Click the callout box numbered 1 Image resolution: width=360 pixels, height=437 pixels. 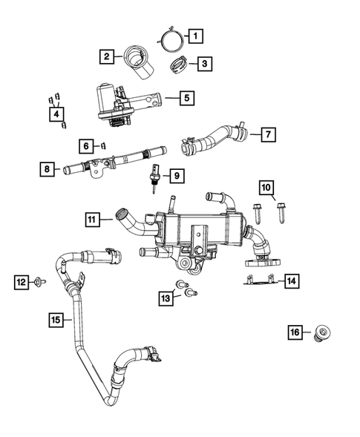pos(195,35)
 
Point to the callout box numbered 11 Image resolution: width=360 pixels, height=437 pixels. pos(91,219)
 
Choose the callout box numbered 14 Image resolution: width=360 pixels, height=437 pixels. pos(292,280)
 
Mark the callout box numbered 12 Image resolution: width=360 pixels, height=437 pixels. pos(22,281)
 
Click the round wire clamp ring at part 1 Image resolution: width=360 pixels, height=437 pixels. pos(171,36)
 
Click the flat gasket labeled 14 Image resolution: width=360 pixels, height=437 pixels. pos(260,280)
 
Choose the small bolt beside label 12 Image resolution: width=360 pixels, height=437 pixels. pos(42,282)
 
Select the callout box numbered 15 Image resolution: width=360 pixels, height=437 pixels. pos(55,320)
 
